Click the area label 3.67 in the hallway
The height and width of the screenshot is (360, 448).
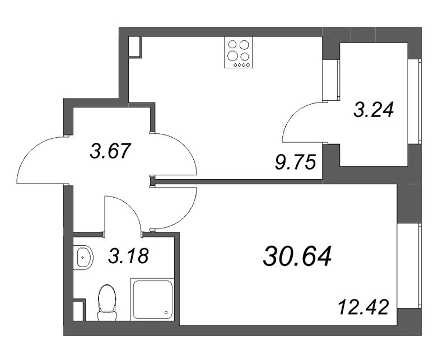[x=110, y=152]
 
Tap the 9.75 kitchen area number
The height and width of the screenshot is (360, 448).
[x=295, y=163]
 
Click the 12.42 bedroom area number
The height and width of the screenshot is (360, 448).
[x=363, y=307]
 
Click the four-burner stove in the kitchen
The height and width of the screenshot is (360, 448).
[x=237, y=53]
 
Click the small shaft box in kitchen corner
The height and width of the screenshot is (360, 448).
[x=135, y=48]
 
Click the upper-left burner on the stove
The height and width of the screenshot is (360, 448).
[x=231, y=45]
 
